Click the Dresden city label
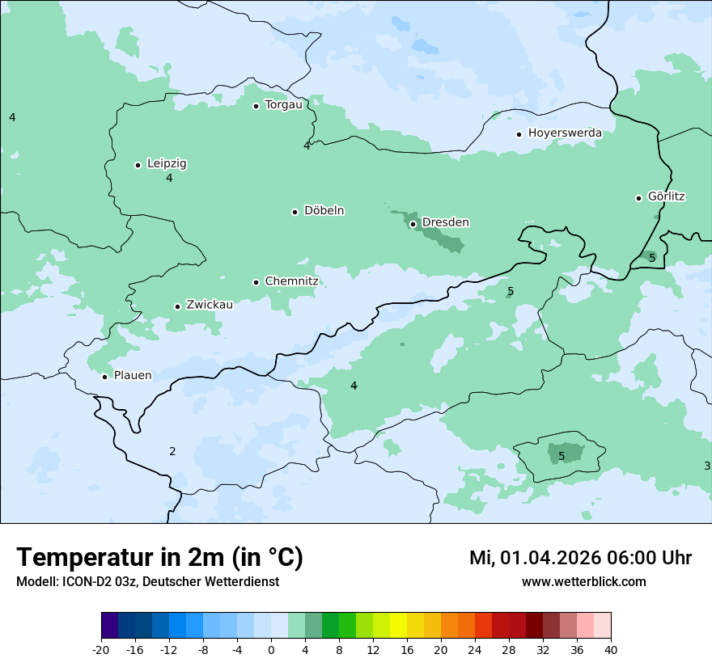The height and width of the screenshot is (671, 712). point(445,222)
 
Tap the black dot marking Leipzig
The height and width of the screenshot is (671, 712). point(138,165)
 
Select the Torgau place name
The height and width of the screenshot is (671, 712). point(283,105)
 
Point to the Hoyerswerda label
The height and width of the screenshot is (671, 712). point(565,133)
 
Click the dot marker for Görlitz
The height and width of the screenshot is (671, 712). point(638,198)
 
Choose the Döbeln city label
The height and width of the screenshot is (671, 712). point(324,211)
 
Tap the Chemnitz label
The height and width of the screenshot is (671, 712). point(291,281)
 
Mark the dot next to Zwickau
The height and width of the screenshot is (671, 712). point(177,306)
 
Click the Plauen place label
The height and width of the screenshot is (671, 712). point(132,375)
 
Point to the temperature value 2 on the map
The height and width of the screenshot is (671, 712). point(172,451)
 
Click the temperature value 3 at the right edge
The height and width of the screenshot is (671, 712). point(706,466)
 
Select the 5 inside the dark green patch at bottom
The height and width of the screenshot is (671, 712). point(562,456)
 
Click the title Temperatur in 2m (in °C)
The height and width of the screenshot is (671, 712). point(159,558)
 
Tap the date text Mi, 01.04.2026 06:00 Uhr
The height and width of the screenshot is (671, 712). point(580,558)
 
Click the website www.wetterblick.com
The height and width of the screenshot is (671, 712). point(583,581)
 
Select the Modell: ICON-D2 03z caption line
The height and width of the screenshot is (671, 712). point(147,581)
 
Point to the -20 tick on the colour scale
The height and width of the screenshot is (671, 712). point(101,650)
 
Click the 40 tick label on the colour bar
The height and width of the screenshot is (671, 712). point(611,650)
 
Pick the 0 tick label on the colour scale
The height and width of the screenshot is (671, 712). point(271,650)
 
